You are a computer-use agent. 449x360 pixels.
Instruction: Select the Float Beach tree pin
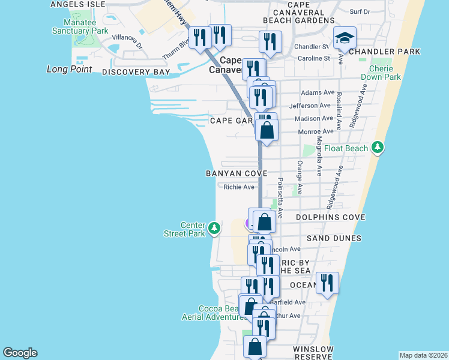[377, 147]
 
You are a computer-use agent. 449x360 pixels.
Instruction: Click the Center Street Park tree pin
[214, 229]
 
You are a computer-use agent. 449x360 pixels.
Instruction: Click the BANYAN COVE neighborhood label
[236, 173]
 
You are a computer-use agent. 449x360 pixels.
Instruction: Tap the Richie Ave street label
[239, 187]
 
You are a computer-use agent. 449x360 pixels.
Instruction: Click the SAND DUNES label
[334, 238]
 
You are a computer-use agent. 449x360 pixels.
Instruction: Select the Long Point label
[70, 69]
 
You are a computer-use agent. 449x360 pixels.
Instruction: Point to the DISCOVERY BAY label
[136, 72]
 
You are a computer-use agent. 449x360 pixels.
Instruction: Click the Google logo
[20, 353]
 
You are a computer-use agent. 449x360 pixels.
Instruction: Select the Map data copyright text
[423, 355]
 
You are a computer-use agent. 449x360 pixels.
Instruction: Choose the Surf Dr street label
[360, 11]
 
